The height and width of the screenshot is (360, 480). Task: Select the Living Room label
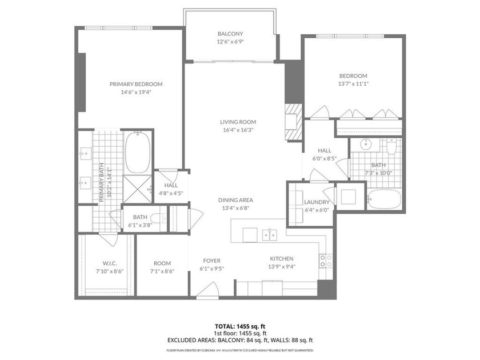click(238, 122)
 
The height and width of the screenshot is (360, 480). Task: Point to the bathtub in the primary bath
click(137, 153)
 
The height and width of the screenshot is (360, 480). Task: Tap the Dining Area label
click(235, 200)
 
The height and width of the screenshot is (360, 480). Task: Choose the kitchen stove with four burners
click(325, 261)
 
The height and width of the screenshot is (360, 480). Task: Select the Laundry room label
click(316, 202)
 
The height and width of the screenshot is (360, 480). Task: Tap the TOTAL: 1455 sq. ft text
click(239, 326)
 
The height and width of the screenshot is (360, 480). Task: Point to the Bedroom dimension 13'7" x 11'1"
click(353, 83)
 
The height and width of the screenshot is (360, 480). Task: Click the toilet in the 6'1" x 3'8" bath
click(161, 217)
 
